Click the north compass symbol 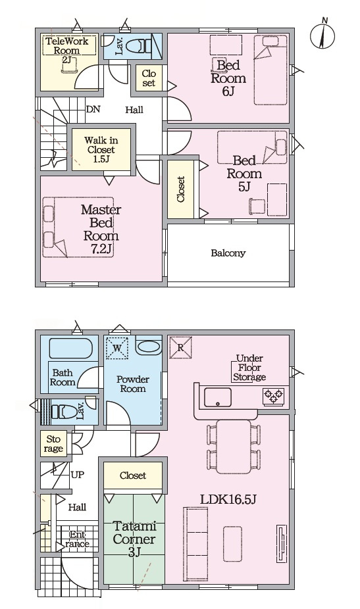point(322,34)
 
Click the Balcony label point(228,253)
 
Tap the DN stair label point(93,109)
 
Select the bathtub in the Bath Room point(71,348)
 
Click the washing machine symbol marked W point(117,348)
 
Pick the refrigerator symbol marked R point(181,347)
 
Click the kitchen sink point(218,397)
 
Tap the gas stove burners point(274,396)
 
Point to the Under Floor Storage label point(249,368)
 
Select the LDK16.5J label point(228,499)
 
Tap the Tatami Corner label point(134,539)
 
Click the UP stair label point(78,475)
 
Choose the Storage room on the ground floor point(54,444)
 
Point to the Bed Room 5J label point(244,174)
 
